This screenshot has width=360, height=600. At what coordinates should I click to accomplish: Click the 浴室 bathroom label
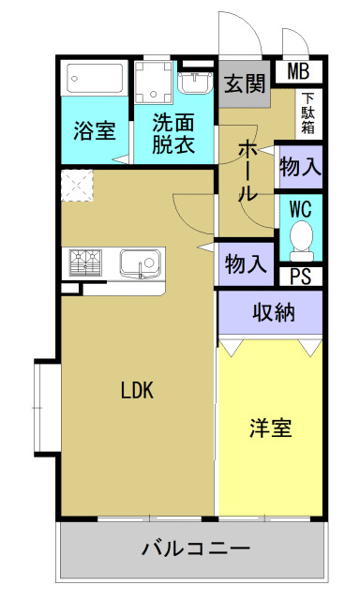[x=95, y=130]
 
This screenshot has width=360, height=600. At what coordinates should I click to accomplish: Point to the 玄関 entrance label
[x=246, y=84]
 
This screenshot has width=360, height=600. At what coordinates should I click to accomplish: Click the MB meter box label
[x=299, y=70]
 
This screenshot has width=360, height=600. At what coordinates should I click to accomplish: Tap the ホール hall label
[x=248, y=171]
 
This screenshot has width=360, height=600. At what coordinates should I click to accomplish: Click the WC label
[x=301, y=207]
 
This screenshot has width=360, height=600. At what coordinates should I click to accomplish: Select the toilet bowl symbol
[x=301, y=239]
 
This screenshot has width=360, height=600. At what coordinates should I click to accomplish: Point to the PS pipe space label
[x=300, y=276]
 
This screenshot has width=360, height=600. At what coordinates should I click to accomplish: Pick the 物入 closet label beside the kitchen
[x=247, y=263]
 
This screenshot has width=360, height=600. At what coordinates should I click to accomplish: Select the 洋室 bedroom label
[x=270, y=428]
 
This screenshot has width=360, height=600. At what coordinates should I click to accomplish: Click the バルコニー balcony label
[x=196, y=547]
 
